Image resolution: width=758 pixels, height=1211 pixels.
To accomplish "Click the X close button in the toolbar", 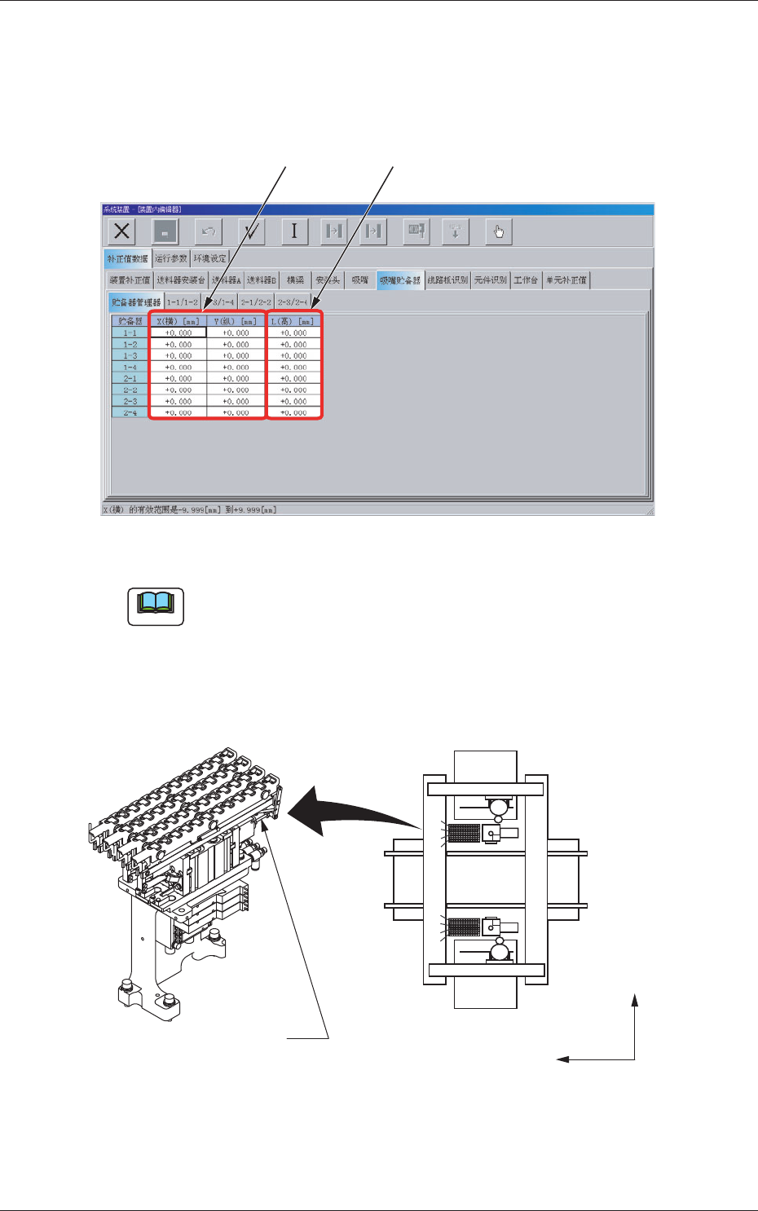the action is point(121,231).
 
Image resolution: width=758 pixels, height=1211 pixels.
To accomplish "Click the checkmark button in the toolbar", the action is point(253,231).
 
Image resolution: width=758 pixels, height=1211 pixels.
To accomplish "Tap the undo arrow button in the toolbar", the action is point(209,231).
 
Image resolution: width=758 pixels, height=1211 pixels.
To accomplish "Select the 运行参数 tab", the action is point(171,258).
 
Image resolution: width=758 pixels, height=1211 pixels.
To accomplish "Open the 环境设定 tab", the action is point(209,258).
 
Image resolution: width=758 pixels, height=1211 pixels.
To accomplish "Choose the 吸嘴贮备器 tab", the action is point(400,280).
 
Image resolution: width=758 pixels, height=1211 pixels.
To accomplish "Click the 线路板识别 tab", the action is point(447,280).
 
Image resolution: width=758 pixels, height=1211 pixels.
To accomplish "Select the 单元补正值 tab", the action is point(566,280).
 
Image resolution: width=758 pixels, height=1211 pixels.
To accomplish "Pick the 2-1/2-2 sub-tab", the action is point(256,302).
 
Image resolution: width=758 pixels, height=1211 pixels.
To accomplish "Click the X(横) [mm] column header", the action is point(178,321).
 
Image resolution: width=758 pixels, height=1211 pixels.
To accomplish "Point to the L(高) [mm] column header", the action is point(294,321).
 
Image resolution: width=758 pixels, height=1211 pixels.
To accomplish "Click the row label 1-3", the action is point(130,356).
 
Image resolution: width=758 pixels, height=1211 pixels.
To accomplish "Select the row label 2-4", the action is point(130,413).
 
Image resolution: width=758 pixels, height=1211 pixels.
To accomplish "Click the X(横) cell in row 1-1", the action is point(178,333).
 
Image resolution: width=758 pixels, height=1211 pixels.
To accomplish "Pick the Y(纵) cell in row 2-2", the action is point(236,390).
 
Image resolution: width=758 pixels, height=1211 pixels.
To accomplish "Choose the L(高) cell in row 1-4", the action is point(294,368).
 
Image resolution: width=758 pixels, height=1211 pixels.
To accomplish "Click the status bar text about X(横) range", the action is point(190,510).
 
